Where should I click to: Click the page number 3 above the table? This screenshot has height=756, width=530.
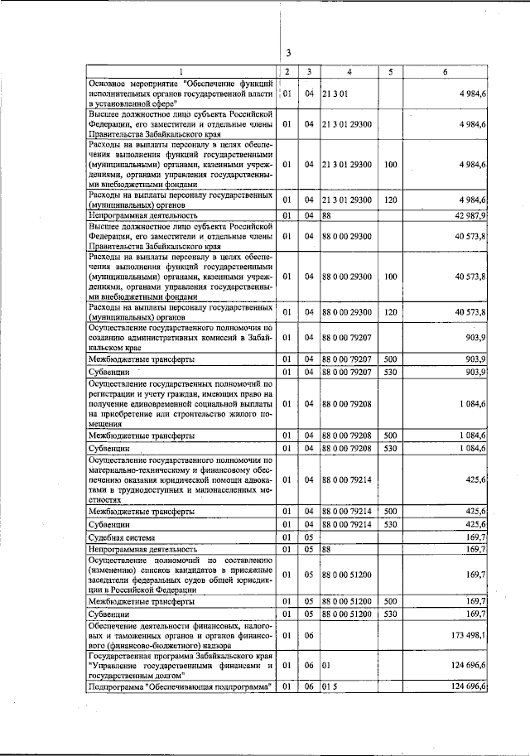click(x=287, y=54)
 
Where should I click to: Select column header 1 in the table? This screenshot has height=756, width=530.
click(x=181, y=72)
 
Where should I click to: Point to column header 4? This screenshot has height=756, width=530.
click(x=349, y=72)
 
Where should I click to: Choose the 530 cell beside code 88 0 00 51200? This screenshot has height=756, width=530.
click(x=390, y=615)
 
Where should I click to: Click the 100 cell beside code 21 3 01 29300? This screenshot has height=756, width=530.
click(x=390, y=164)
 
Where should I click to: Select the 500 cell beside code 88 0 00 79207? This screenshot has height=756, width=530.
click(x=390, y=359)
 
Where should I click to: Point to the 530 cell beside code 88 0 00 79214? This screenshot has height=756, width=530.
click(x=390, y=524)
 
